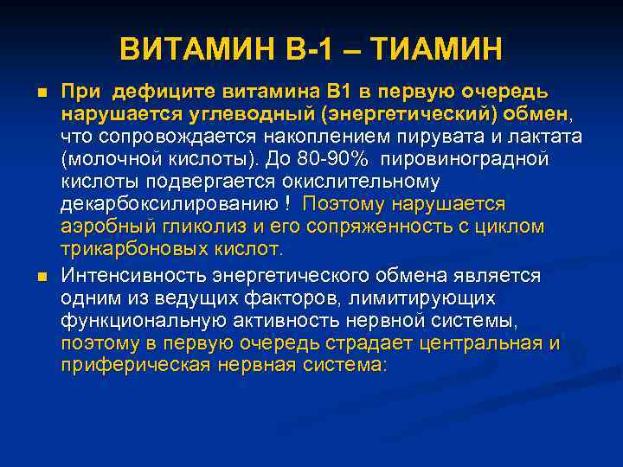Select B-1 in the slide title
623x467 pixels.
309,49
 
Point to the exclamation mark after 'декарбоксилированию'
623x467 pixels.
286,205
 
